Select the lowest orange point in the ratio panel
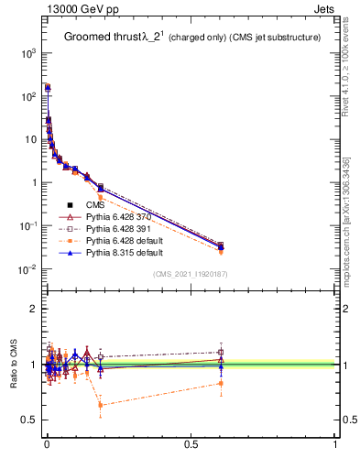click(100, 405)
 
